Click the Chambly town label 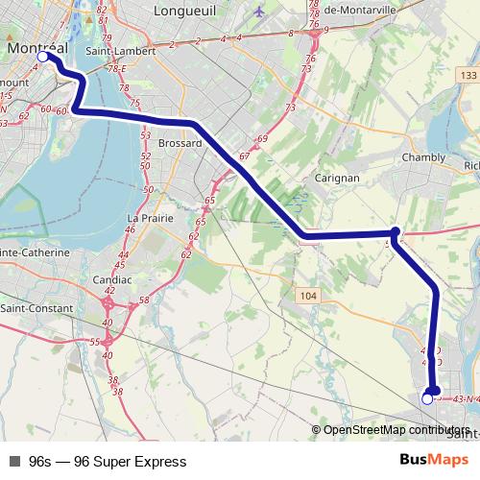pos(423,156)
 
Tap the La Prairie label pos(151,218)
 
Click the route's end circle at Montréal pos(42,58)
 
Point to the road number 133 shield pos(468,75)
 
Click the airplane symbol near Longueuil pos(260,13)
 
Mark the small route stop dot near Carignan pos(396,231)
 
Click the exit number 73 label pos(290,108)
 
